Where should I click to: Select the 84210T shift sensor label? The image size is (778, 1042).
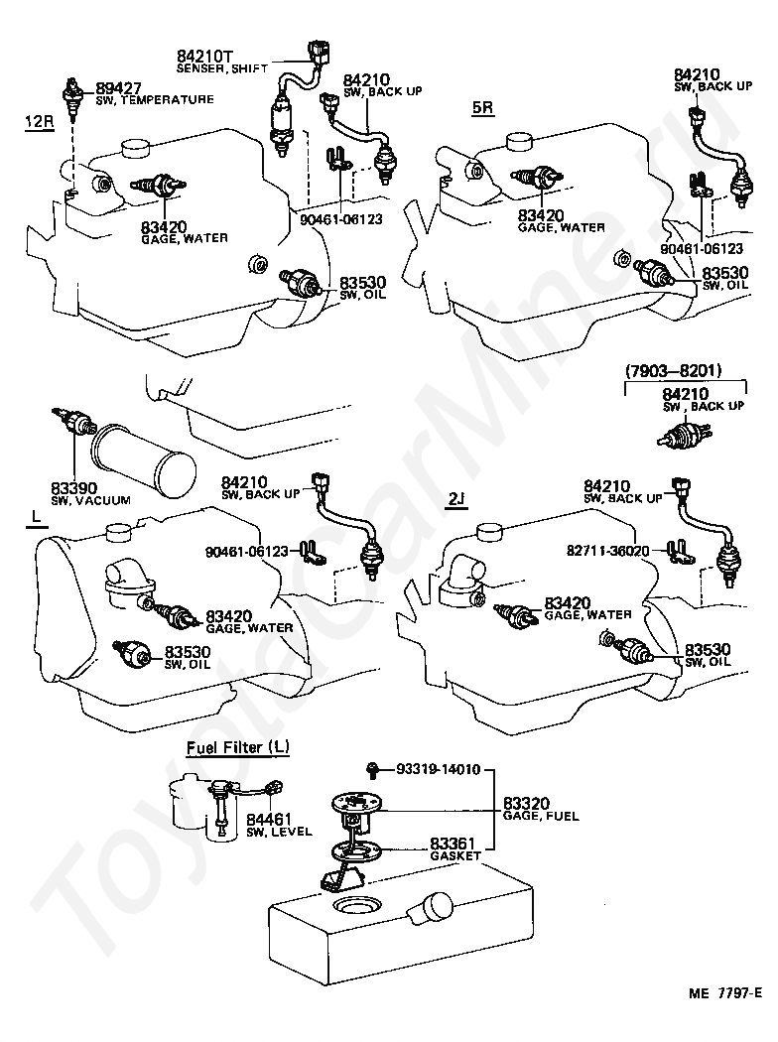click(x=203, y=57)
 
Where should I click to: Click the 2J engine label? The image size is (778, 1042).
click(x=455, y=499)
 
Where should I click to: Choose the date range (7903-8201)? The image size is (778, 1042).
click(x=673, y=371)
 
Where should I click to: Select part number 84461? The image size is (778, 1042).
click(x=267, y=820)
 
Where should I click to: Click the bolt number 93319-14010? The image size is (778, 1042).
click(x=439, y=768)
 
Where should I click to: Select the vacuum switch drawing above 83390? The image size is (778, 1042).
click(x=73, y=422)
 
